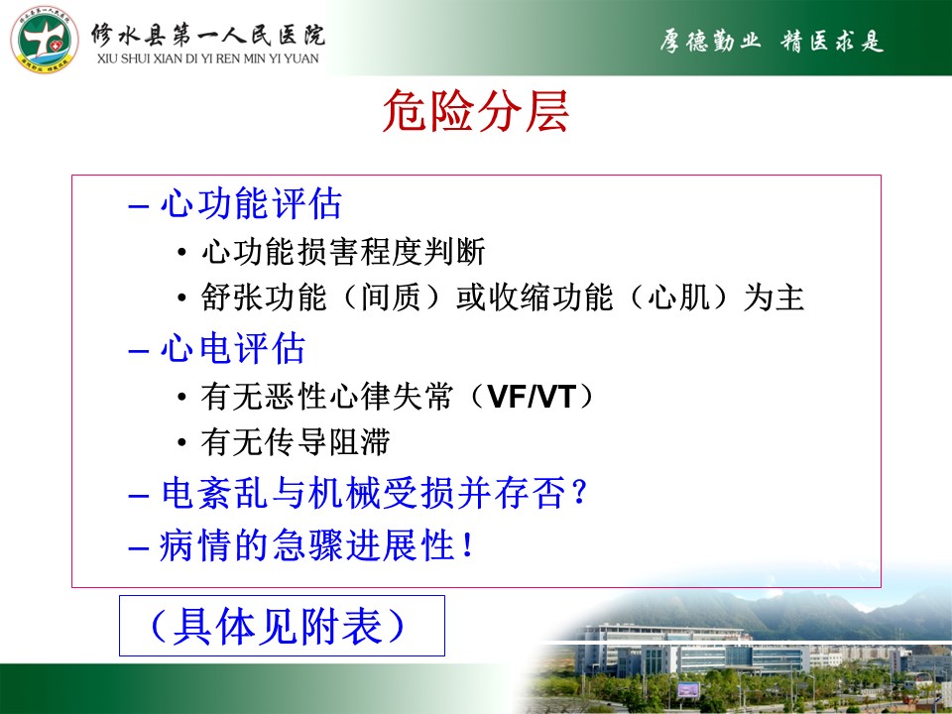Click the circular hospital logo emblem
(x=45, y=40)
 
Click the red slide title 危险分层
(x=476, y=110)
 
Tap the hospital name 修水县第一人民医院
(x=208, y=36)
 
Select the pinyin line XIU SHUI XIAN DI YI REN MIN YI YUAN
(x=207, y=59)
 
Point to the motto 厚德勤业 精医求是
(x=772, y=41)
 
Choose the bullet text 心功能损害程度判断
(x=344, y=251)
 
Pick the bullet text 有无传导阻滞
(x=296, y=442)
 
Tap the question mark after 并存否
(x=579, y=493)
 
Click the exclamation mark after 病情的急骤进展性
(x=467, y=544)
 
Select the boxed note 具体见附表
(x=282, y=626)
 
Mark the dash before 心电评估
(x=139, y=351)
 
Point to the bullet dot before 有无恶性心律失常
(x=181, y=397)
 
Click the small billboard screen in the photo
(x=688, y=690)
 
